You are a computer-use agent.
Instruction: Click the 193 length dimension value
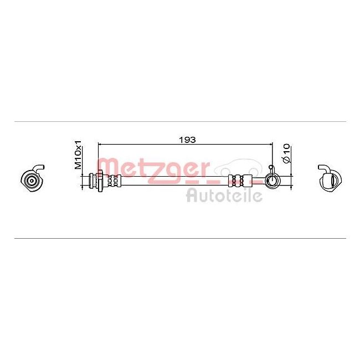tap(187, 140)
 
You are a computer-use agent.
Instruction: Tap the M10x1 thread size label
tap(78, 155)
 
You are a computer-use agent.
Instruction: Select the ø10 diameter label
tap(287, 154)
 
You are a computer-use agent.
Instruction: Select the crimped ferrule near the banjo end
tap(240, 180)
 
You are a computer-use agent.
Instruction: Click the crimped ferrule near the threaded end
tap(114, 181)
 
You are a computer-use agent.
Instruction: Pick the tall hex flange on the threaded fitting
tap(100, 181)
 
